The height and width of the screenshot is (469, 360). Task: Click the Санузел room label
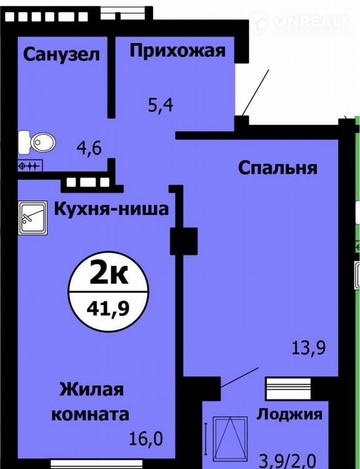click(x=61, y=55)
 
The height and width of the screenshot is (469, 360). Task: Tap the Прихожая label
click(x=177, y=51)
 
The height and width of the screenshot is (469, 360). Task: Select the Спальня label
click(x=277, y=167)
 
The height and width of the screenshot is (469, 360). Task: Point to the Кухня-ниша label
click(x=111, y=209)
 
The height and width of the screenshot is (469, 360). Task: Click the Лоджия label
click(x=289, y=415)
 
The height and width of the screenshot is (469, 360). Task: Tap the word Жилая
click(x=92, y=390)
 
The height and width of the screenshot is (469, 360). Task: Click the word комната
click(x=90, y=414)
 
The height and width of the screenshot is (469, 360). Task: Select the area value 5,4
click(x=161, y=105)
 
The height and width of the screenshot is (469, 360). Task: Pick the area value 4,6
click(x=89, y=148)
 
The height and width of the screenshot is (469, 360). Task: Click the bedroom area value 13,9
click(x=308, y=348)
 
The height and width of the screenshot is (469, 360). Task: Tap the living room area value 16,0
click(x=146, y=439)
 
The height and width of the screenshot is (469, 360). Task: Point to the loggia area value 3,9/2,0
click(x=287, y=461)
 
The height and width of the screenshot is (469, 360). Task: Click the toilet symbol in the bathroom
click(x=37, y=142)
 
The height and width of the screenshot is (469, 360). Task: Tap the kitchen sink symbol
click(x=32, y=217)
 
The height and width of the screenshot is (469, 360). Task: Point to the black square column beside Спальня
click(x=184, y=241)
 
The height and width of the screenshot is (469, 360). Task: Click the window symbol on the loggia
click(x=230, y=440)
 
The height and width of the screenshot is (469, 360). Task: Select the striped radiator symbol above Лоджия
click(x=288, y=389)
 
